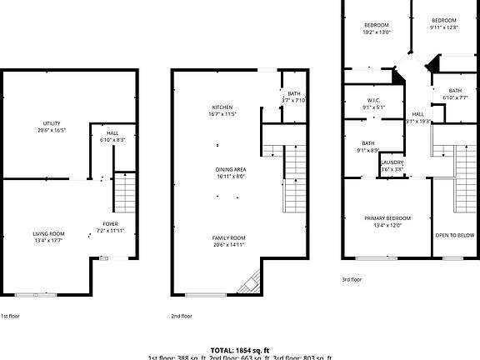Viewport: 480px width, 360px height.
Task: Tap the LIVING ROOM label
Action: pos(49,234)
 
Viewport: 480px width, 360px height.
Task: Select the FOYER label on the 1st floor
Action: pos(110,223)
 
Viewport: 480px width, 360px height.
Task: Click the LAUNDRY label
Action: pos(392,162)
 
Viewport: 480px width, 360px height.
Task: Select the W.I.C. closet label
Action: pos(373,101)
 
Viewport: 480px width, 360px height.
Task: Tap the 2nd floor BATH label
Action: pos(294,94)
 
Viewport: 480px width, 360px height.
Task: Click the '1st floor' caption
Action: pos(11,317)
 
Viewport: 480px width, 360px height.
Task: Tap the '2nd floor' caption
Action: pos(182,317)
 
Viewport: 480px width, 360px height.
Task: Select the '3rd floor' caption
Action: pos(352,279)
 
